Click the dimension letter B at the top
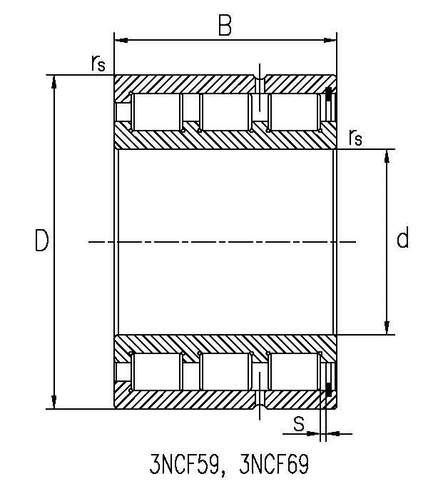(225, 25)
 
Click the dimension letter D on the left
(41, 241)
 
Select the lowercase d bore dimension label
(402, 237)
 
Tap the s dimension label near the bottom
(299, 424)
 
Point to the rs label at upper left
(98, 63)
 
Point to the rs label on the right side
(355, 137)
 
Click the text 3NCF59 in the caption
(184, 464)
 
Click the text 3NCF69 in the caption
(274, 464)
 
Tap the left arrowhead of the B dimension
(121, 40)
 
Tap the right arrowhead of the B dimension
(330, 40)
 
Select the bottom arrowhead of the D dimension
(54, 402)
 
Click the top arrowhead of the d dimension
(387, 156)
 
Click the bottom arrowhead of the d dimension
(387, 328)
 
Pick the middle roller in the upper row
(225, 112)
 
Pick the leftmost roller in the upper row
(156, 112)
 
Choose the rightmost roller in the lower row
(294, 372)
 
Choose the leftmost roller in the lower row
(156, 372)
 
